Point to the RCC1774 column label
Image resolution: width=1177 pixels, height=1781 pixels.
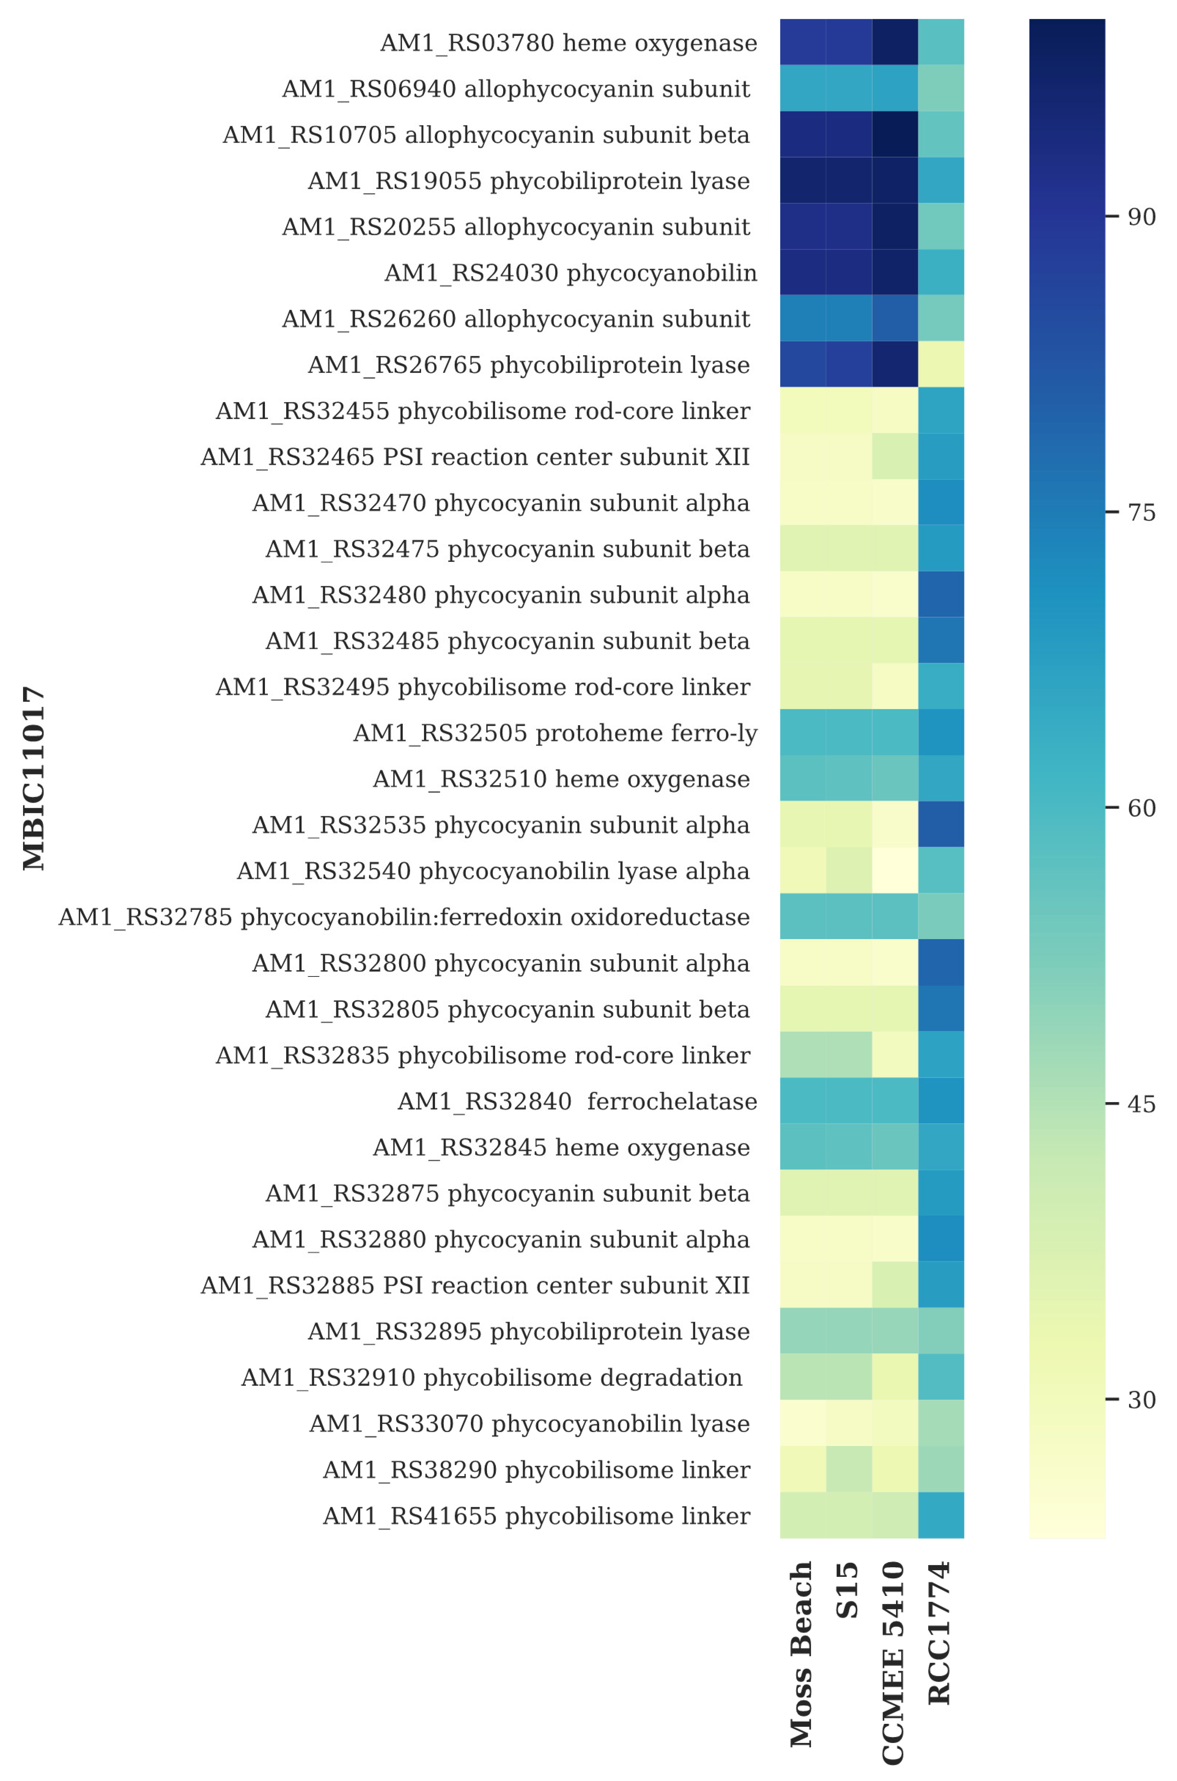(940, 1632)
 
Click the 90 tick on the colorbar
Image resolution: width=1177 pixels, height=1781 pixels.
(1141, 217)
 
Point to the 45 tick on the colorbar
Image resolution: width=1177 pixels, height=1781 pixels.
(1141, 1104)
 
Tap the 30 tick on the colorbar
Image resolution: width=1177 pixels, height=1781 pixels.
(1141, 1399)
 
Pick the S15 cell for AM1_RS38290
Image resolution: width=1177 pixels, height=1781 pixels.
(849, 1469)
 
